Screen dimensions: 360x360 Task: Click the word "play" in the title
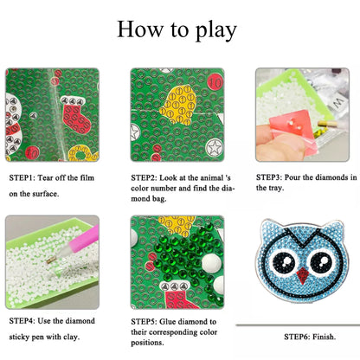[216, 31]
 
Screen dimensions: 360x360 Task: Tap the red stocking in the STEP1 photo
[76, 118]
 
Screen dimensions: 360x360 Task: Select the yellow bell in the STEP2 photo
[178, 105]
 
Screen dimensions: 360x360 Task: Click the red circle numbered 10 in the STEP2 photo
[215, 82]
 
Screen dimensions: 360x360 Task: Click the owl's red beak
[302, 275]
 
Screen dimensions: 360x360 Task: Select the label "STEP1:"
[22, 177]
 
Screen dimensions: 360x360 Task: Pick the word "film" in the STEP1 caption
[87, 177]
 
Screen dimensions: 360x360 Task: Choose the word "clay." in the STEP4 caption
[71, 337]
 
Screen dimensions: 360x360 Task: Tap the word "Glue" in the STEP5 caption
[168, 322]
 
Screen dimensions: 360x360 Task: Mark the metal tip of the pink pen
[52, 260]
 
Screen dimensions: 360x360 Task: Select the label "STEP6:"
[297, 337]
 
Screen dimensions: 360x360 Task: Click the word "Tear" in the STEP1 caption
[45, 177]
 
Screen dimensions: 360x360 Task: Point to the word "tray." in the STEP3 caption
[275, 188]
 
